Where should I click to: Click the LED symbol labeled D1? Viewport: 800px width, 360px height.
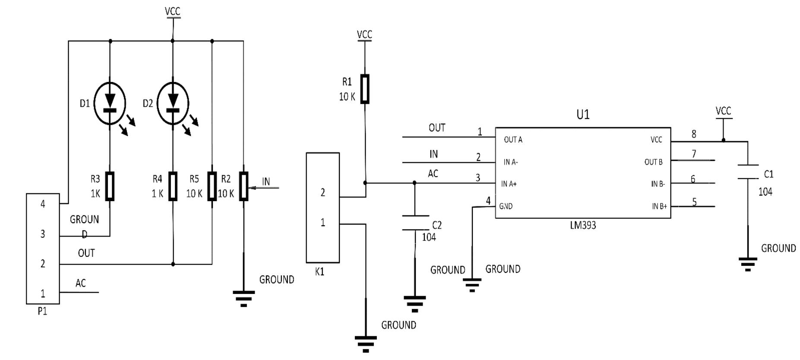[110, 104]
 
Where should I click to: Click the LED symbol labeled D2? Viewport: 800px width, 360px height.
[173, 104]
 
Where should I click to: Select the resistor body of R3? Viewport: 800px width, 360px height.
[110, 186]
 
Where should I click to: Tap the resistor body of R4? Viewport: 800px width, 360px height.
[173, 186]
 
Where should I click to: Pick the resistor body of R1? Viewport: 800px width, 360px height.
[365, 89]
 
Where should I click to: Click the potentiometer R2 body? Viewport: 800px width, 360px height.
[244, 186]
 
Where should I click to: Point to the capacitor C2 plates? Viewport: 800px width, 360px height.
[415, 223]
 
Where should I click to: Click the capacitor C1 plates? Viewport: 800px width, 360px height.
[748, 172]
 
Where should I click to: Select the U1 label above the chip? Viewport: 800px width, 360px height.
[583, 114]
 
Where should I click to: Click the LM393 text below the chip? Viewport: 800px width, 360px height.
[583, 225]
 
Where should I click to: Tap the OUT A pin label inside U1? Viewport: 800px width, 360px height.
[513, 140]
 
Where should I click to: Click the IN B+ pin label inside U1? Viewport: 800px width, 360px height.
[659, 206]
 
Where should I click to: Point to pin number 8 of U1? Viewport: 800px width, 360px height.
[694, 134]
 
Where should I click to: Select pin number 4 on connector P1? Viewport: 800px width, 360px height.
[42, 204]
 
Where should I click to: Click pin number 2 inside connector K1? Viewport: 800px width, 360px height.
[323, 193]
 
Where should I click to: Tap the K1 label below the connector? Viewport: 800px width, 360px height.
[319, 272]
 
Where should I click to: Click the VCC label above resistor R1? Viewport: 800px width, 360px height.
[364, 35]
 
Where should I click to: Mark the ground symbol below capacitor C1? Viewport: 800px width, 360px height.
[748, 263]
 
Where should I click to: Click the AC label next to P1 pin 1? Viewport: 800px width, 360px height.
[81, 283]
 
